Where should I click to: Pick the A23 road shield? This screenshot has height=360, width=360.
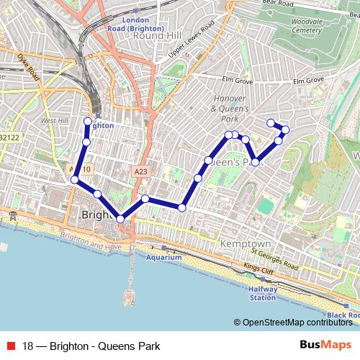(140, 172)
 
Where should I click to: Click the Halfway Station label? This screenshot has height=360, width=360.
(262, 293)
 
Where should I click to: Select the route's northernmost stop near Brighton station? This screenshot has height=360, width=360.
(88, 121)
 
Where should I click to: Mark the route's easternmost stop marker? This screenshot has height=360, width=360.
(286, 130)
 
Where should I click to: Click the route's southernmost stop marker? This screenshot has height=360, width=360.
(120, 219)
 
